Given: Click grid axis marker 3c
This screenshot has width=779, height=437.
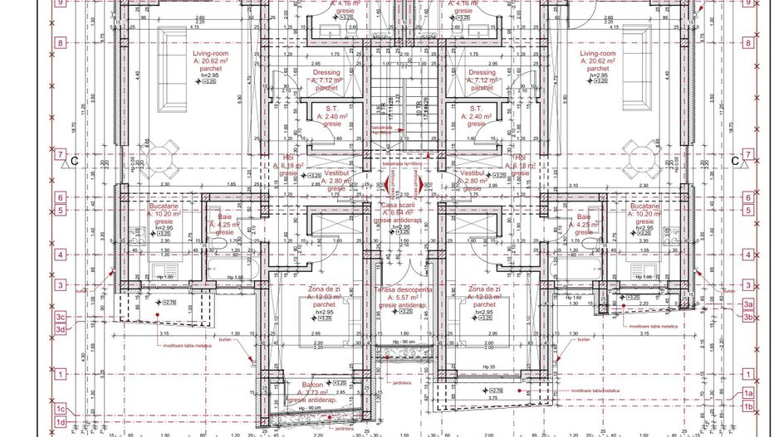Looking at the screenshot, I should coord(60,317).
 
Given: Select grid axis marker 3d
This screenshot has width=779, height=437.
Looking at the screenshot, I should coord(60,329).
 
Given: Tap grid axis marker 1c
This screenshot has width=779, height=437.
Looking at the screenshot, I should coord(60,409).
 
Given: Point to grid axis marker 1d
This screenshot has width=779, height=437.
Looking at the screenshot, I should coord(60,423).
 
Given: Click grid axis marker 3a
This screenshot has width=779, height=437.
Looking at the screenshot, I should coord(748,304).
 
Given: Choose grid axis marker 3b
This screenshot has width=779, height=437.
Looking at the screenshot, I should coord(748,317).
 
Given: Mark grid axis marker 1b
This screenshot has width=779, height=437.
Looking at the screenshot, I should coord(748,406).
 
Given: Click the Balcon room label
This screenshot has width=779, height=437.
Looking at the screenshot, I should coord(313,386).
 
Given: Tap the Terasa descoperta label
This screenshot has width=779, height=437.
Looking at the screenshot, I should coord(403,290).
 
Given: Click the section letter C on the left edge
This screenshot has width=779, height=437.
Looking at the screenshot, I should coord(74,161).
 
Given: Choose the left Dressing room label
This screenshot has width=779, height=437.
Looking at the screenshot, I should coord(326,72).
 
